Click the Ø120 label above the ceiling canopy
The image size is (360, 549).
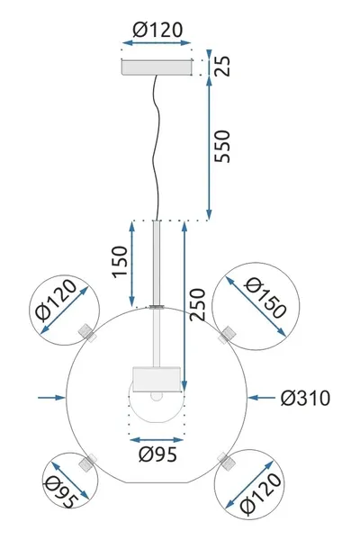pyautogui.click(x=157, y=31)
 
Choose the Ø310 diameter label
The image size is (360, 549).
pyautogui.click(x=303, y=397)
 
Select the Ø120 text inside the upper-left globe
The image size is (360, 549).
pyautogui.click(x=66, y=308)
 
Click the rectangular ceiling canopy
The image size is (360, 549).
pyautogui.click(x=157, y=67)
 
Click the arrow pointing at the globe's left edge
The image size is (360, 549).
pyautogui.click(x=50, y=396)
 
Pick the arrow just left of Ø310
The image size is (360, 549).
pyautogui.click(x=263, y=397)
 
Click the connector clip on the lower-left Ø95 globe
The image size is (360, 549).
pyautogui.click(x=88, y=463)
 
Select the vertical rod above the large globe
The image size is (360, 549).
pyautogui.click(x=157, y=261)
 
